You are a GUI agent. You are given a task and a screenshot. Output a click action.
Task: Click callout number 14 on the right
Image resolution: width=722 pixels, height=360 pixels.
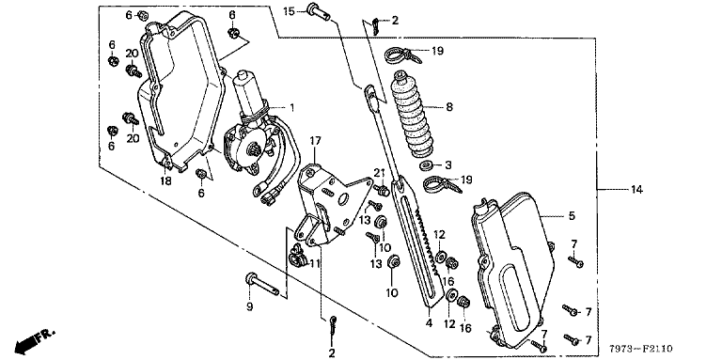pos(636,189)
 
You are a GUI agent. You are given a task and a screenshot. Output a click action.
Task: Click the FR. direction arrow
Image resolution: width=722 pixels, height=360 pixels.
pos(35,339)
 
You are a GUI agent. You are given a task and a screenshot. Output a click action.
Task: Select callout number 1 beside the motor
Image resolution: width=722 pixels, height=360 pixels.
pos(291,108)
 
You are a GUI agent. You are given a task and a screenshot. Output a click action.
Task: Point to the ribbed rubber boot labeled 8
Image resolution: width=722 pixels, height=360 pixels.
pos(412,113)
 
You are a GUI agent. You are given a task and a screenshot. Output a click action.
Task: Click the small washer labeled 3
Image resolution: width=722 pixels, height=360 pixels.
pos(426,164)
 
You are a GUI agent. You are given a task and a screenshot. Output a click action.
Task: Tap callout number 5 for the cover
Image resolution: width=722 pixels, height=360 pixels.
pos(572,215)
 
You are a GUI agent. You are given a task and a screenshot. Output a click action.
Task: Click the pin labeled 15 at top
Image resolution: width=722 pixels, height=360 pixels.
pos(320,11)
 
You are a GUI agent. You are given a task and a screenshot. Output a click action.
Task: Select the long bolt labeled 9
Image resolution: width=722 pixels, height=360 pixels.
pos(262,284)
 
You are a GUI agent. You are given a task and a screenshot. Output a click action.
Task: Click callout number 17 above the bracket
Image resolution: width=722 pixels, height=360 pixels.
pos(315,141)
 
